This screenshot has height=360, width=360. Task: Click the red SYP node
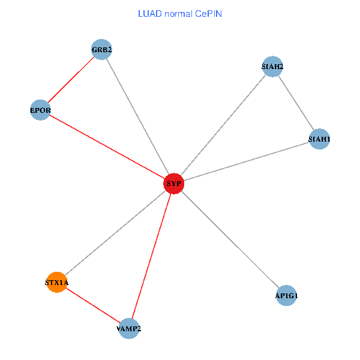click(x=174, y=184)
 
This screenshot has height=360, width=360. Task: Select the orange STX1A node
click(x=56, y=281)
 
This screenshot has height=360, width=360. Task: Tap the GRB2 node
click(x=102, y=49)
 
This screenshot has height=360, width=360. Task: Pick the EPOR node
click(x=40, y=110)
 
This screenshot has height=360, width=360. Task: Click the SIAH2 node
click(x=272, y=66)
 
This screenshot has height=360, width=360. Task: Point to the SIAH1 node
click(x=319, y=139)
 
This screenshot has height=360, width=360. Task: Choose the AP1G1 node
click(x=286, y=295)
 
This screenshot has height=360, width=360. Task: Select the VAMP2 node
click(x=129, y=328)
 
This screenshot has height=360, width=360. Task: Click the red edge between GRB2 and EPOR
click(x=71, y=79)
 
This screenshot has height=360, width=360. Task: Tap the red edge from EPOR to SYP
click(x=107, y=146)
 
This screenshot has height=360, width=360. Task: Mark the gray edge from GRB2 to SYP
click(x=138, y=116)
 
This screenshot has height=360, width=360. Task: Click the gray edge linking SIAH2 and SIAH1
click(x=296, y=103)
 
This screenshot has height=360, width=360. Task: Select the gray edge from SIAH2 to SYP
click(x=223, y=125)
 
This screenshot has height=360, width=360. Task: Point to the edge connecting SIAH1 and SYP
click(x=247, y=161)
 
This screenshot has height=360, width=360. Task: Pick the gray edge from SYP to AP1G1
click(x=230, y=239)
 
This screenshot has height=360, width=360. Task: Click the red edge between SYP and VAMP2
click(x=151, y=256)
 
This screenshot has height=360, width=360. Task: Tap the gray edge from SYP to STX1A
click(x=115, y=233)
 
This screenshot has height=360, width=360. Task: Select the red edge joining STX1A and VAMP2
click(x=92, y=305)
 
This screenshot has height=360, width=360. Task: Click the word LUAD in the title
click(x=149, y=13)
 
